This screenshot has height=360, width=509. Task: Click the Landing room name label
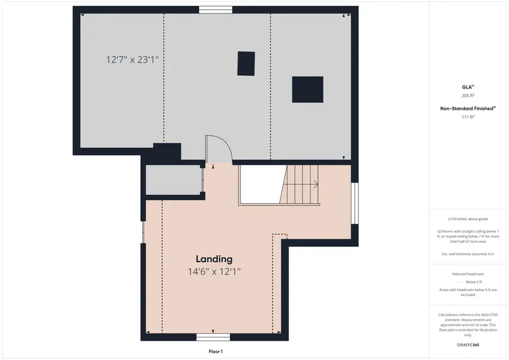point(214,259)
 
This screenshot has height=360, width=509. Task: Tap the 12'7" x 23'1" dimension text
point(136,59)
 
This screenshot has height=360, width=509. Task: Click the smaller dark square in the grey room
point(246,63)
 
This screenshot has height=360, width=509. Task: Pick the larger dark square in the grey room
point(308,89)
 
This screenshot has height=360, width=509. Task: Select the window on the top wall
point(215,10)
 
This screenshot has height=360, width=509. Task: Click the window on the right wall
point(355,203)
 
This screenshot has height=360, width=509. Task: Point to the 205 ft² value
point(468,96)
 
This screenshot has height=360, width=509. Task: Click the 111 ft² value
point(468,116)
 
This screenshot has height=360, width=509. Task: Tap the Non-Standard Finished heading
point(468,108)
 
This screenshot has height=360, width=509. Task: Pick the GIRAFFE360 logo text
point(468,344)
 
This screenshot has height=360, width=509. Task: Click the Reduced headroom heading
point(468,274)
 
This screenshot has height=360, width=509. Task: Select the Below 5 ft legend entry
point(470,281)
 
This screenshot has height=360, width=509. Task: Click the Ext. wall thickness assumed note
point(468,254)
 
